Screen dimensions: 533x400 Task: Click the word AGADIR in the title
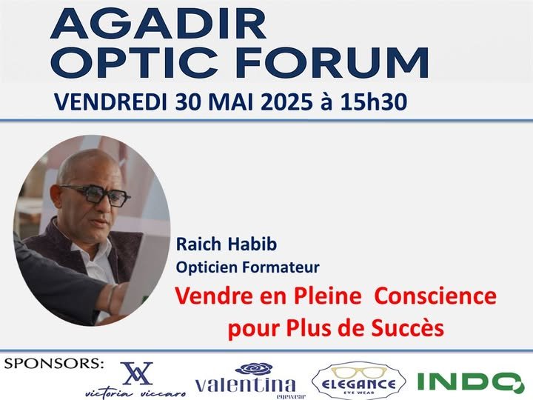(x=158, y=23)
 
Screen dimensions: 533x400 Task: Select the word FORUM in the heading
(x=332, y=63)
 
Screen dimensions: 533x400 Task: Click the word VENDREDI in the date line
(x=110, y=102)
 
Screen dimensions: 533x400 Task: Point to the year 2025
(x=286, y=102)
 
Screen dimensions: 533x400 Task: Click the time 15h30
(x=374, y=102)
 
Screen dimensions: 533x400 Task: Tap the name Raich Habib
(x=227, y=244)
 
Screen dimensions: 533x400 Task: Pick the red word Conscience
(x=435, y=296)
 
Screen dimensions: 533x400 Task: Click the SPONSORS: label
(x=54, y=364)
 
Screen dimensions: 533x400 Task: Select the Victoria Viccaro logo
(x=136, y=380)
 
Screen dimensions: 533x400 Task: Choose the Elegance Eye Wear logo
(x=358, y=381)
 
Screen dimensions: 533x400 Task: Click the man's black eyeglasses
(x=97, y=196)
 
